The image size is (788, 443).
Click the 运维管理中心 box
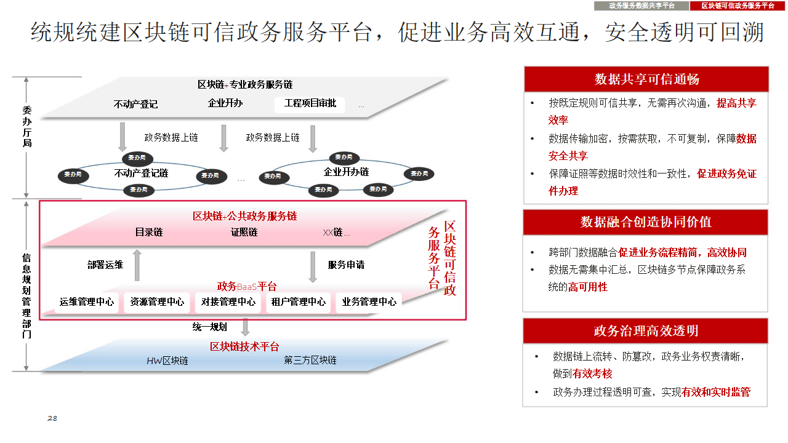click(87, 302)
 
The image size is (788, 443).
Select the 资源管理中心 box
click(157, 302)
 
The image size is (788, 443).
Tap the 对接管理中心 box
click(228, 302)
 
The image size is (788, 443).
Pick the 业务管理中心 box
click(369, 302)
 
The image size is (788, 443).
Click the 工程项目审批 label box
click(310, 103)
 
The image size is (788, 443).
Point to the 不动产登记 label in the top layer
click(135, 104)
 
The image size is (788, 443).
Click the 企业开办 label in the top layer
click(225, 103)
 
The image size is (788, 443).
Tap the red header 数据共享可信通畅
click(646, 79)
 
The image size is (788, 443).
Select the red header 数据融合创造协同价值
click(646, 222)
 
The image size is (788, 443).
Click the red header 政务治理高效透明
click(646, 331)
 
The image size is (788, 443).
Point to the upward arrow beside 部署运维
click(137, 265)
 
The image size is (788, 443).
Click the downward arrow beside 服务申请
click(313, 266)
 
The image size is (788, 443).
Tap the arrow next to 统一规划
click(245, 327)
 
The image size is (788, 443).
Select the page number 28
click(52, 418)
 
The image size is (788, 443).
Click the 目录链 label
click(149, 233)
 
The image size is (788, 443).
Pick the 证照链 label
click(244, 233)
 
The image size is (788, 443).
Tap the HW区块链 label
click(167, 361)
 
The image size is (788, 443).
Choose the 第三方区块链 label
click(310, 360)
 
